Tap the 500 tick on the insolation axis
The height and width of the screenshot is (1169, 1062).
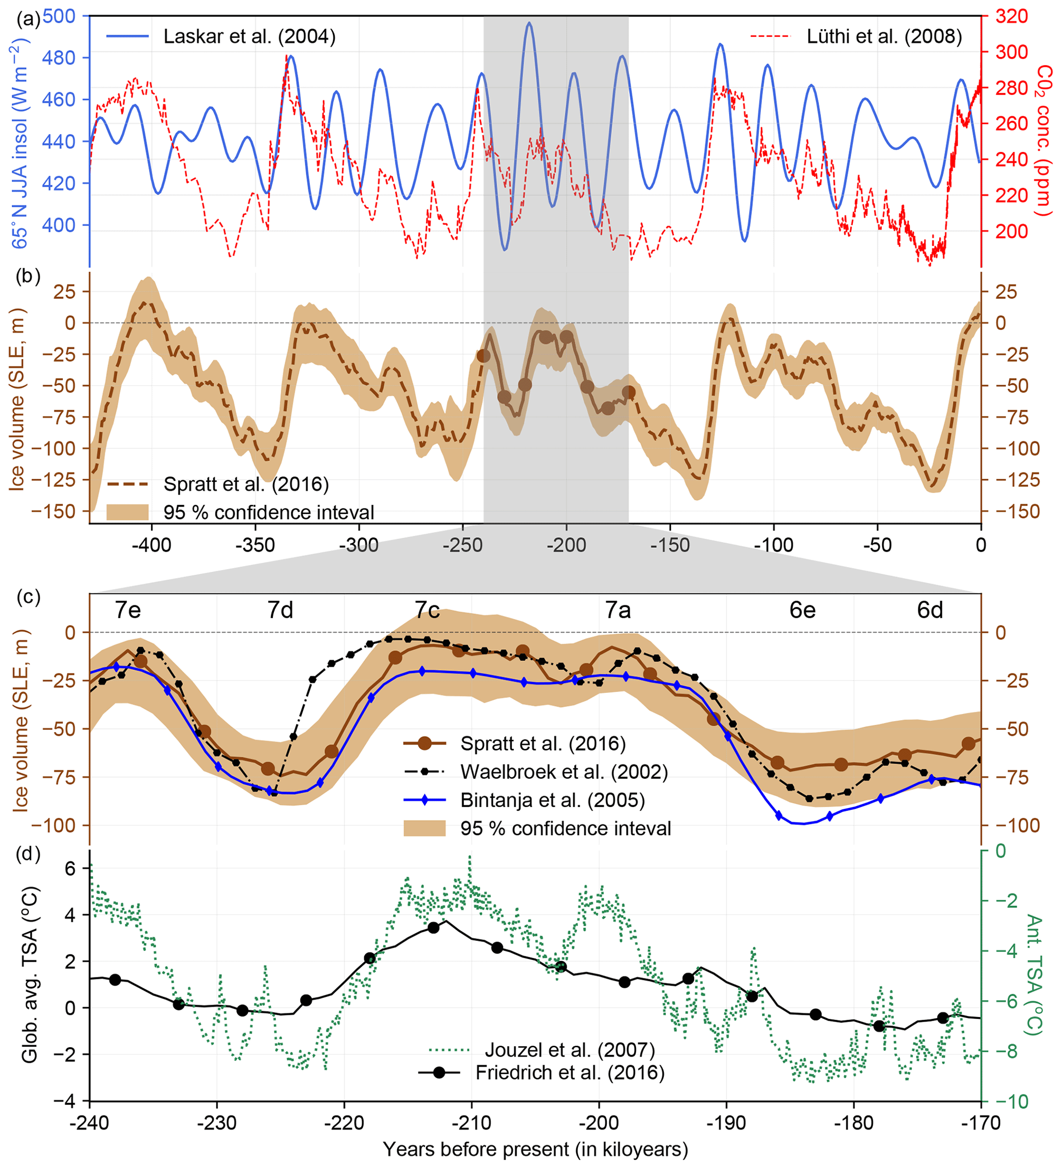pyautogui.click(x=59, y=16)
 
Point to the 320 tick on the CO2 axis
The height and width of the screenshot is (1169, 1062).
pyautogui.click(x=1012, y=16)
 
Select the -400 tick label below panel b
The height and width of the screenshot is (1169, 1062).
pyautogui.click(x=152, y=545)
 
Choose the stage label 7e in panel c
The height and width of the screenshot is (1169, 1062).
pyautogui.click(x=127, y=610)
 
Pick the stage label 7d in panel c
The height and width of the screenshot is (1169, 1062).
pyautogui.click(x=280, y=610)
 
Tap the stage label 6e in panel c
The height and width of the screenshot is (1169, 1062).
pyautogui.click(x=802, y=610)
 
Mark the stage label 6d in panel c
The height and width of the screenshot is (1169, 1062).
pyautogui.click(x=930, y=610)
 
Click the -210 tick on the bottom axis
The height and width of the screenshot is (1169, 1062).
pyautogui.click(x=471, y=1123)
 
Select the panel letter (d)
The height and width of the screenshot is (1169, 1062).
pyautogui.click(x=28, y=854)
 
